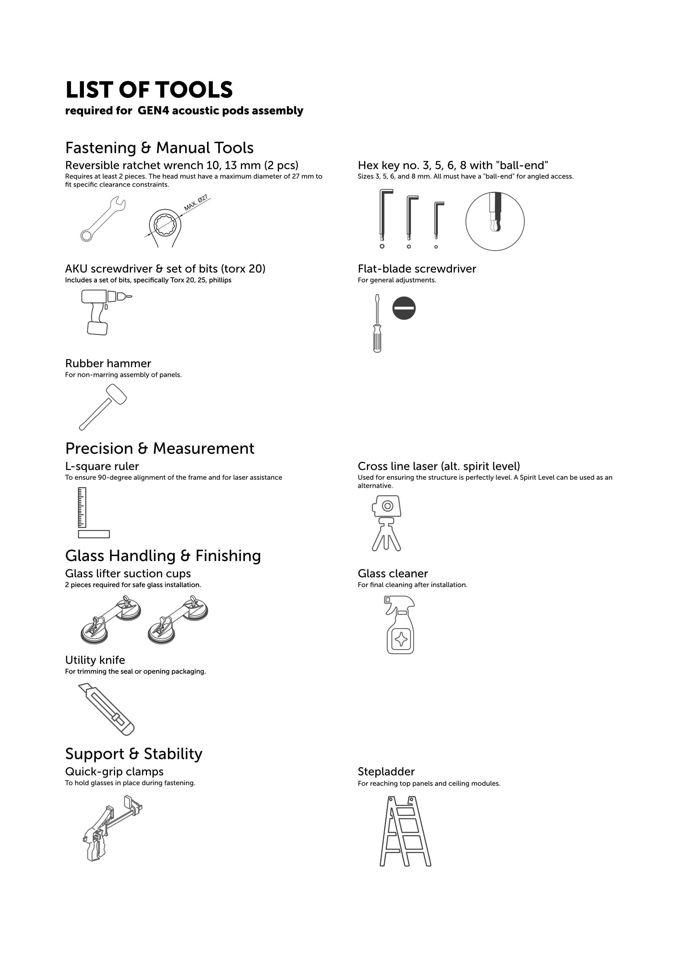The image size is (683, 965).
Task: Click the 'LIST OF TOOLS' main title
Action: [x=149, y=90]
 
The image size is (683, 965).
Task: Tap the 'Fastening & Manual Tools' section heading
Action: [x=159, y=148]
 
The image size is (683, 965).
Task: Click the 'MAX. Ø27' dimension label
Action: [x=196, y=202]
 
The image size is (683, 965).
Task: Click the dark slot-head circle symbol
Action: [x=404, y=308]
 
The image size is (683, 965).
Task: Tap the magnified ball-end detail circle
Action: [x=495, y=221]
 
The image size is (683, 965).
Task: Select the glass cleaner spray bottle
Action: [x=400, y=624]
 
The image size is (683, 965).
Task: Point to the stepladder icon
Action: [x=406, y=831]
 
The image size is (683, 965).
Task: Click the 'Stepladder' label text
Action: [x=386, y=772]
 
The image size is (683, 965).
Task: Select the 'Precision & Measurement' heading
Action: [x=160, y=448]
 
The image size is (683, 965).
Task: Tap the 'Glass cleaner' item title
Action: [x=393, y=574]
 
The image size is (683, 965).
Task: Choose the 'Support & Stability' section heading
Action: [x=134, y=754]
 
